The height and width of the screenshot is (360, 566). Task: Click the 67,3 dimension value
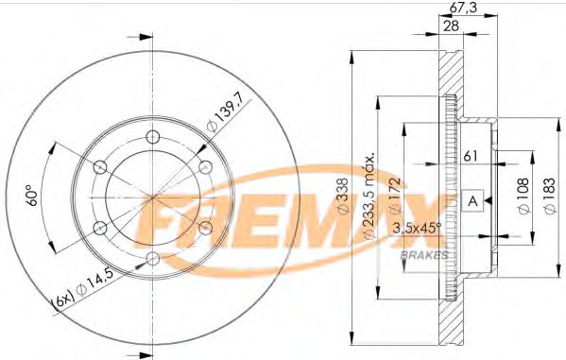[460, 9]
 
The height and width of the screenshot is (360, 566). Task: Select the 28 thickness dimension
[454, 26]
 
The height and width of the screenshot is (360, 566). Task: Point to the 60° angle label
[32, 197]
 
